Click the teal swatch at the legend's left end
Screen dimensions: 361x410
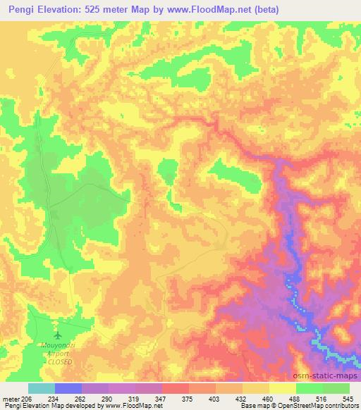click(x=41, y=388)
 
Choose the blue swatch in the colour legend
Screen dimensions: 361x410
click(x=68, y=388)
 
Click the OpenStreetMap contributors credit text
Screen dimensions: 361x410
click(x=316, y=406)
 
